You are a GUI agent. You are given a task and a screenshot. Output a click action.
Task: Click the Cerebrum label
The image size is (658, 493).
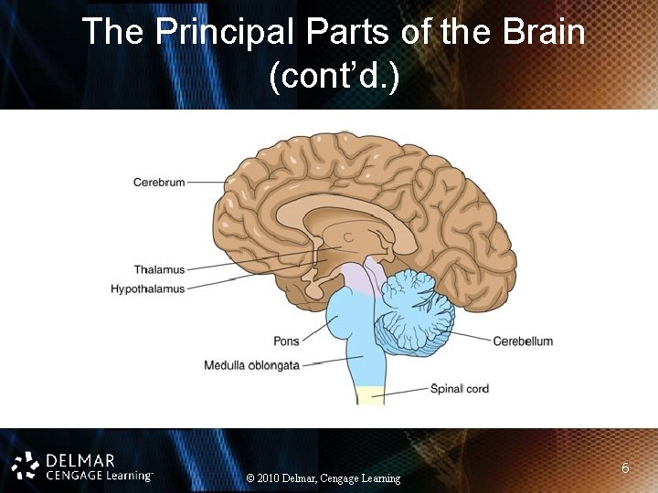coord(159,183)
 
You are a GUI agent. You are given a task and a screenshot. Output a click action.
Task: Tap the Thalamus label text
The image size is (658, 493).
coord(159,270)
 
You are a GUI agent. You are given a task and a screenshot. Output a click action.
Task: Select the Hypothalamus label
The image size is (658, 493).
coord(147,289)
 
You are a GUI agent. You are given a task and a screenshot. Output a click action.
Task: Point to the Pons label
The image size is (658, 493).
coord(286,342)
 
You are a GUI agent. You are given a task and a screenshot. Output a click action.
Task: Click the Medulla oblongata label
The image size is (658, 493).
coord(251,366)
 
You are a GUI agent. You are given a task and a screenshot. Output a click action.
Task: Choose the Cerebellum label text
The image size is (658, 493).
coord(523,341)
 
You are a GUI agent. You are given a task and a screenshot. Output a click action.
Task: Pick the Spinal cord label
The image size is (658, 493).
coord(460,389)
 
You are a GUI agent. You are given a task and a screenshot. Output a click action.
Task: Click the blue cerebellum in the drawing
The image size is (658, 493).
coord(416,310)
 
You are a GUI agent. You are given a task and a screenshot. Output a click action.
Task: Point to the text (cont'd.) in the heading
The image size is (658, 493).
coord(334,79)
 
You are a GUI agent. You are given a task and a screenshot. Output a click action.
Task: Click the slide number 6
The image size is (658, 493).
coord(625,468)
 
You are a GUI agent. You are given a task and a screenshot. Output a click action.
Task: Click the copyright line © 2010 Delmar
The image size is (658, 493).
coord(324,478)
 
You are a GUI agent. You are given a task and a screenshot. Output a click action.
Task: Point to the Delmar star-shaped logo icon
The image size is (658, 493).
coord(27,466)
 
